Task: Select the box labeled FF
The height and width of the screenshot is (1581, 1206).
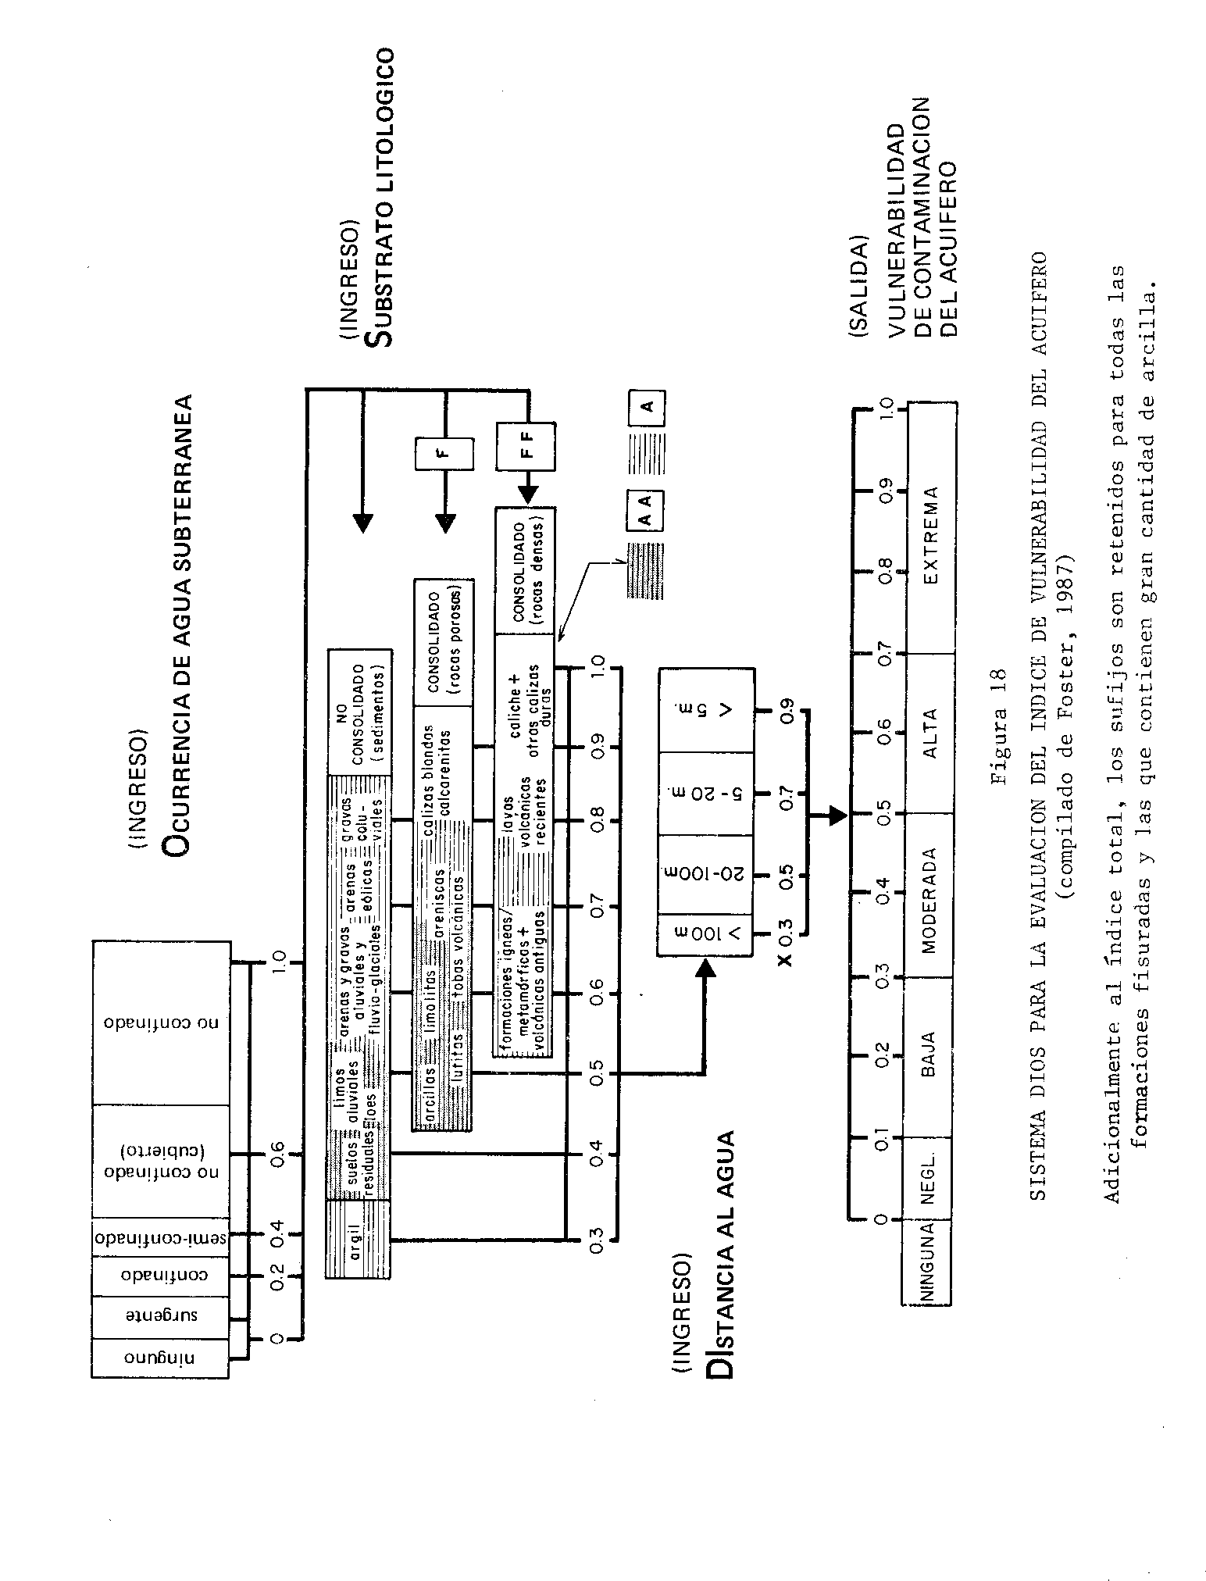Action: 526,446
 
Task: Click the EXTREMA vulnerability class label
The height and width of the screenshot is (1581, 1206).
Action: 930,536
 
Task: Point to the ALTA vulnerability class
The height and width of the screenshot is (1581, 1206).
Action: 930,733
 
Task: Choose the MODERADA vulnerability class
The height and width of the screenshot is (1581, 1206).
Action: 929,896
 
